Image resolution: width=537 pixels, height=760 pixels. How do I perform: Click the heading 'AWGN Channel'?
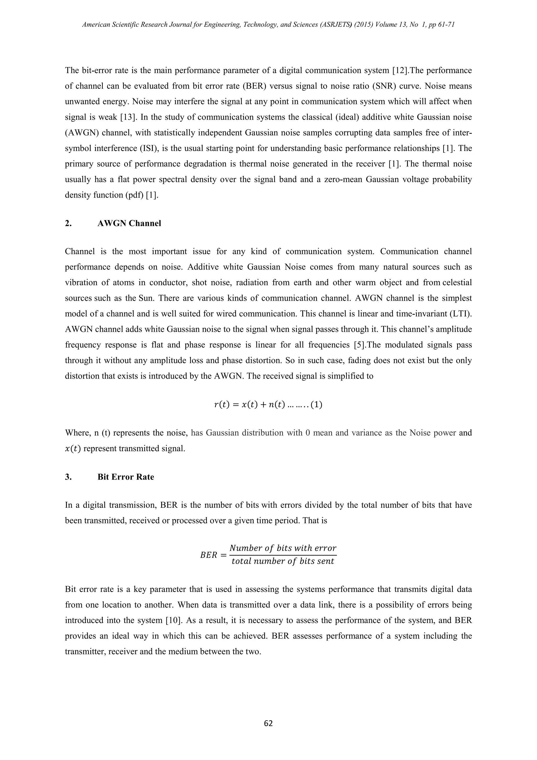[129, 223]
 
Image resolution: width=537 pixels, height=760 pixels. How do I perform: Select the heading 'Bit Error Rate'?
[126, 477]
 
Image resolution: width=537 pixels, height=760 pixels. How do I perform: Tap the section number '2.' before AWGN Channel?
[68, 223]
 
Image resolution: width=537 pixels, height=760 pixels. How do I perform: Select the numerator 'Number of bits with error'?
[283, 548]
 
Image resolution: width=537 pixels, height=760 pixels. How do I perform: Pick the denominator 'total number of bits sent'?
[283, 561]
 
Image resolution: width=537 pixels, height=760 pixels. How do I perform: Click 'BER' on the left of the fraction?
[209, 555]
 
